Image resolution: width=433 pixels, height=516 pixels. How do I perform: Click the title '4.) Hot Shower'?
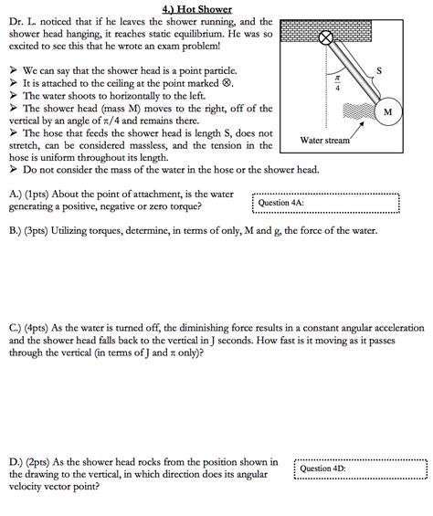click(x=197, y=9)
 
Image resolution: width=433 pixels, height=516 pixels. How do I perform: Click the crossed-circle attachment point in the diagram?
click(x=326, y=37)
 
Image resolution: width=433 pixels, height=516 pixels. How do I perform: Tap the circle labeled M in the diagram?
click(x=388, y=112)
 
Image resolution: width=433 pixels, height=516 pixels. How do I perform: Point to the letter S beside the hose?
click(x=379, y=70)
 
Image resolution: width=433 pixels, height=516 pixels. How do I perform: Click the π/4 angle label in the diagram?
click(x=337, y=83)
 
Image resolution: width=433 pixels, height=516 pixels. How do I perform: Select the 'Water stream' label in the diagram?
click(x=324, y=141)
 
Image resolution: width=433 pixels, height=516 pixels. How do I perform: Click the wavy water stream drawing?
click(x=359, y=111)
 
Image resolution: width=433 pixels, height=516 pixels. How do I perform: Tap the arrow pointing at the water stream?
click(x=357, y=131)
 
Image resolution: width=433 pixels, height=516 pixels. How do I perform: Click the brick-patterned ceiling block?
click(x=325, y=31)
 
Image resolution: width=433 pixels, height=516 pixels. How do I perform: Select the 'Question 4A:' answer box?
click(x=326, y=203)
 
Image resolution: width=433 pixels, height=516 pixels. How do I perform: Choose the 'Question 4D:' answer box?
click(x=361, y=469)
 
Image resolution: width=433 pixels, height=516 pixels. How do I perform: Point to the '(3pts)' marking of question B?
click(x=37, y=231)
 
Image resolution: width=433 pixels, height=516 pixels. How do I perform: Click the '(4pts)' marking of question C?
click(x=37, y=328)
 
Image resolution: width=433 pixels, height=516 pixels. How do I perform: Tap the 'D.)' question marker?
click(x=16, y=462)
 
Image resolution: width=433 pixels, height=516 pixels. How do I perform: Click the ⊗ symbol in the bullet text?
click(x=227, y=83)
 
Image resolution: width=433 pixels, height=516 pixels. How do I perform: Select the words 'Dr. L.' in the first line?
click(x=23, y=22)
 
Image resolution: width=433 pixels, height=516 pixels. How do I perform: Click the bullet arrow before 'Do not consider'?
click(x=13, y=170)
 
